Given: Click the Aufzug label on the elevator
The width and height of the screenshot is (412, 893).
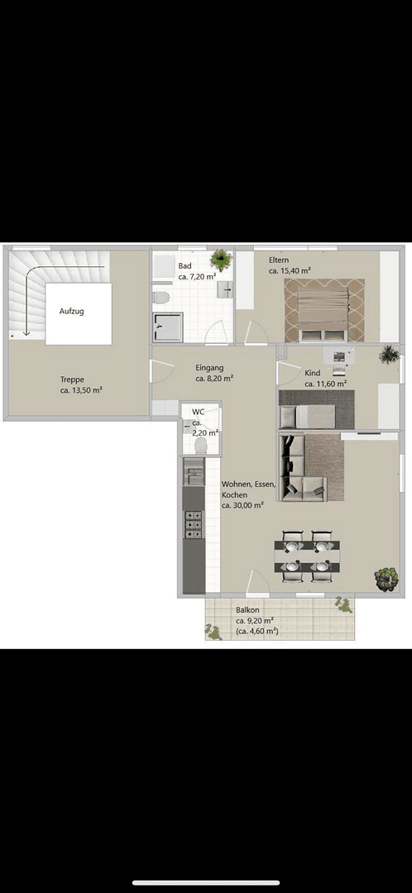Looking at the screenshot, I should pos(71,312).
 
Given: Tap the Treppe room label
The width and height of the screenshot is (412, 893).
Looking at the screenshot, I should pos(72,380).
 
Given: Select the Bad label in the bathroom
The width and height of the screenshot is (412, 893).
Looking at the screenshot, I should pos(184,265).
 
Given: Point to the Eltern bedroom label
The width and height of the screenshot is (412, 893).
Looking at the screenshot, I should pos(278,260).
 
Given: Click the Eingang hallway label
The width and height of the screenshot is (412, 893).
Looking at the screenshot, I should pos(209,368).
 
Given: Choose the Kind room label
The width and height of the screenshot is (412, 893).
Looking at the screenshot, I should pos(312,374).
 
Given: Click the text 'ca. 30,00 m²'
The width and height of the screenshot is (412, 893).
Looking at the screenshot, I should pos(242,504).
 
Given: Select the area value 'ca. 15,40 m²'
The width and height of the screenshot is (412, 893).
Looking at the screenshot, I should pos(290,270).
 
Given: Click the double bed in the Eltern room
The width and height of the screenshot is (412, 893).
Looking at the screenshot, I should pos(324,310).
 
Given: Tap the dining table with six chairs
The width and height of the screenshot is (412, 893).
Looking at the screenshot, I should pos(307,552).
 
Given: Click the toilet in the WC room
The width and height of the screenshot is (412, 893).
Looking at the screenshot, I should pos(199,445).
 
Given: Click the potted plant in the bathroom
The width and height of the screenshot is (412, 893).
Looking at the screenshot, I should pos(221,258).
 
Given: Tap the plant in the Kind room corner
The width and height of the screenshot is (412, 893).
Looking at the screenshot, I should pos(389,356).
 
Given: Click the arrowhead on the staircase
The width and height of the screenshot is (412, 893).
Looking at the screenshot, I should pos(26,332).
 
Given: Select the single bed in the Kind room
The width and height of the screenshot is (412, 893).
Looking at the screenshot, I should pos(308,416).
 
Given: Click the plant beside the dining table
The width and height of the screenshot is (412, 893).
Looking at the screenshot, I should pos(386,577).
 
